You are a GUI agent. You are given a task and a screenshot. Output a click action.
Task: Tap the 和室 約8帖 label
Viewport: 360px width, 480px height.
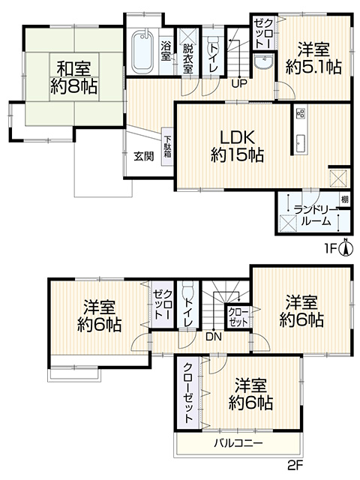point(74,77)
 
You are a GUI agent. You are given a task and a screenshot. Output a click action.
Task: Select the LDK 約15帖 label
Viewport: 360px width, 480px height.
point(237,146)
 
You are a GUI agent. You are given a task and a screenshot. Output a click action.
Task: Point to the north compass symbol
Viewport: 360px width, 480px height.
point(345,247)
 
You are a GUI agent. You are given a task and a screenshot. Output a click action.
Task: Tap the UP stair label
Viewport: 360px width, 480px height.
point(239,84)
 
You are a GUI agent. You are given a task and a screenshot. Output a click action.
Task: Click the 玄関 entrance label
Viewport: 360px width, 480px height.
point(143,157)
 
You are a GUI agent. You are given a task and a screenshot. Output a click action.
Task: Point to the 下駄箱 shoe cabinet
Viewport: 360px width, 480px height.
point(167,147)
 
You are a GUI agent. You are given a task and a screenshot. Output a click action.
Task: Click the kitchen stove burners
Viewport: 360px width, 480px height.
point(300,113)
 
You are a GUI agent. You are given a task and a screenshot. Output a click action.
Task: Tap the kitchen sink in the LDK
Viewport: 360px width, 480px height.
point(300,143)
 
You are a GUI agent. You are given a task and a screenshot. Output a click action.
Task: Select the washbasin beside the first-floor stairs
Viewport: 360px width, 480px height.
point(263,63)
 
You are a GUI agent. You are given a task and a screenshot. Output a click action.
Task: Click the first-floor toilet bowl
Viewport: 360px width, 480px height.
point(213,46)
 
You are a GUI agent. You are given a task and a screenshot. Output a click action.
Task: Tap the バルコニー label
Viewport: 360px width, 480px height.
point(238,443)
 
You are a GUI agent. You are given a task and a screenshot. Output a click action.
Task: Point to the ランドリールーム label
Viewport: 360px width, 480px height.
point(316,215)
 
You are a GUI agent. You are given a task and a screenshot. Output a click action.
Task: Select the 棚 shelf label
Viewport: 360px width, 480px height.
point(345,200)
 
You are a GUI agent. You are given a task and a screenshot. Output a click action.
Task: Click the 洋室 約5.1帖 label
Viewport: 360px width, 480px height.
point(313,58)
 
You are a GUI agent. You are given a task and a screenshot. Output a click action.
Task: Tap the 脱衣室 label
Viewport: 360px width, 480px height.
point(188,58)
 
